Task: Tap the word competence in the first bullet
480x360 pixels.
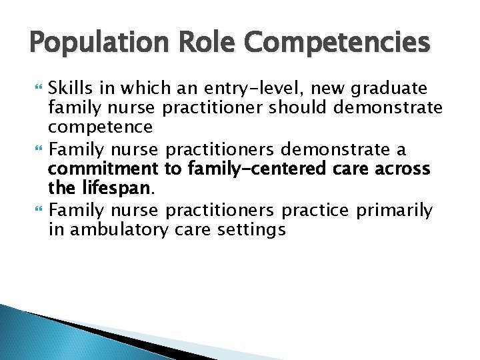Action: [x=101, y=126]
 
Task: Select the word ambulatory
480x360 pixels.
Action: [x=120, y=230]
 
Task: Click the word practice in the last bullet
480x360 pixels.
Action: [x=315, y=211]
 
